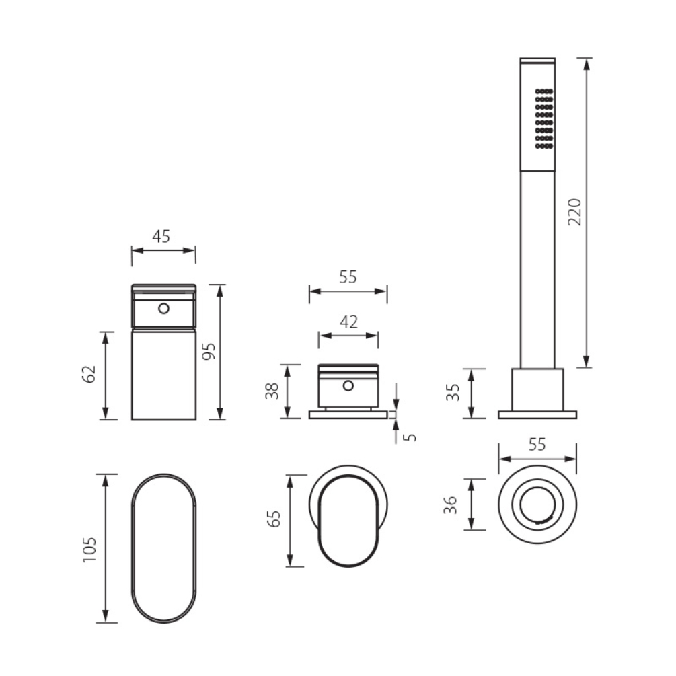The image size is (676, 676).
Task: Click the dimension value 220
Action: (x=574, y=212)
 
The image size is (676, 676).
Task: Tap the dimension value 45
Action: (x=161, y=236)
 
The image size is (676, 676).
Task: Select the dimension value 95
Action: (x=209, y=351)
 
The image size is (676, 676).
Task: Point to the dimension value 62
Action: (x=89, y=374)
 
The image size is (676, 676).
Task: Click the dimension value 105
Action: (x=89, y=550)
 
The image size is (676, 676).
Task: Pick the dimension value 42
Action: (x=349, y=322)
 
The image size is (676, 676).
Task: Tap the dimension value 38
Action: (x=272, y=391)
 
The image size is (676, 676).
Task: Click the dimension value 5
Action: (x=410, y=437)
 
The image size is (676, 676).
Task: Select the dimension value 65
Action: (x=274, y=519)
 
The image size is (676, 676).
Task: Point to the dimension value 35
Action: (x=453, y=393)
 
